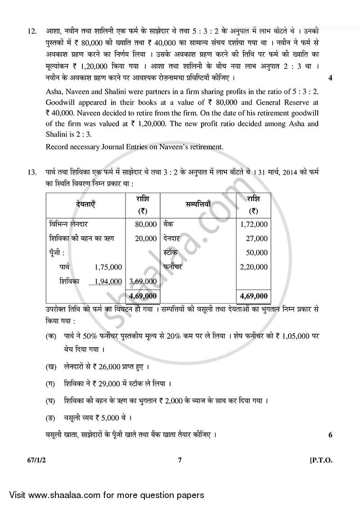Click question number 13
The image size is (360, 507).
[31, 172]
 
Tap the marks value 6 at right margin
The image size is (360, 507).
[330, 435]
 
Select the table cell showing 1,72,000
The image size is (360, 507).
[254, 224]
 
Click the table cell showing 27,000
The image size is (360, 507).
[257, 238]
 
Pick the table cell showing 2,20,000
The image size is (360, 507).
[254, 267]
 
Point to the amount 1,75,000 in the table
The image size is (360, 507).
[108, 267]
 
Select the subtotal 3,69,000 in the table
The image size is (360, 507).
[143, 281]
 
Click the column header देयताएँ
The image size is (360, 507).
[86, 204]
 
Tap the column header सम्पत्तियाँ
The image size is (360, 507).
[198, 204]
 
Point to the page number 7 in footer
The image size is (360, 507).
[180, 459]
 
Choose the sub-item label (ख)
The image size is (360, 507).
[51, 367]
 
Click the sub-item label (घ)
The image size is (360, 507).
[51, 400]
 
